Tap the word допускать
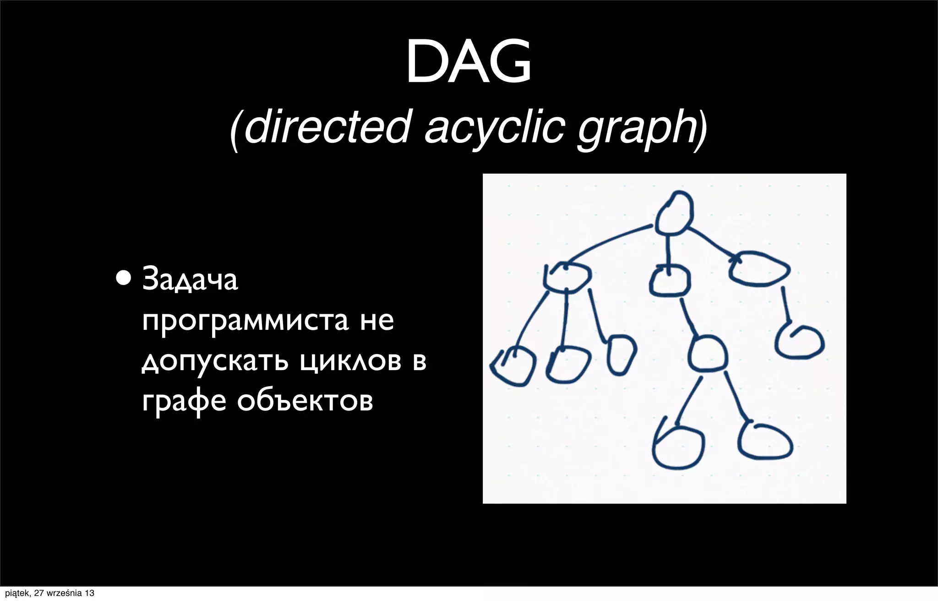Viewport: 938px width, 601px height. pyautogui.click(x=215, y=361)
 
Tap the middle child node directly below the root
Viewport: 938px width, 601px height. pyautogui.click(x=670, y=280)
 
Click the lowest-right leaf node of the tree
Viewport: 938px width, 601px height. pyautogui.click(x=765, y=440)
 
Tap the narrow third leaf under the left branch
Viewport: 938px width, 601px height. pyautogui.click(x=622, y=354)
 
